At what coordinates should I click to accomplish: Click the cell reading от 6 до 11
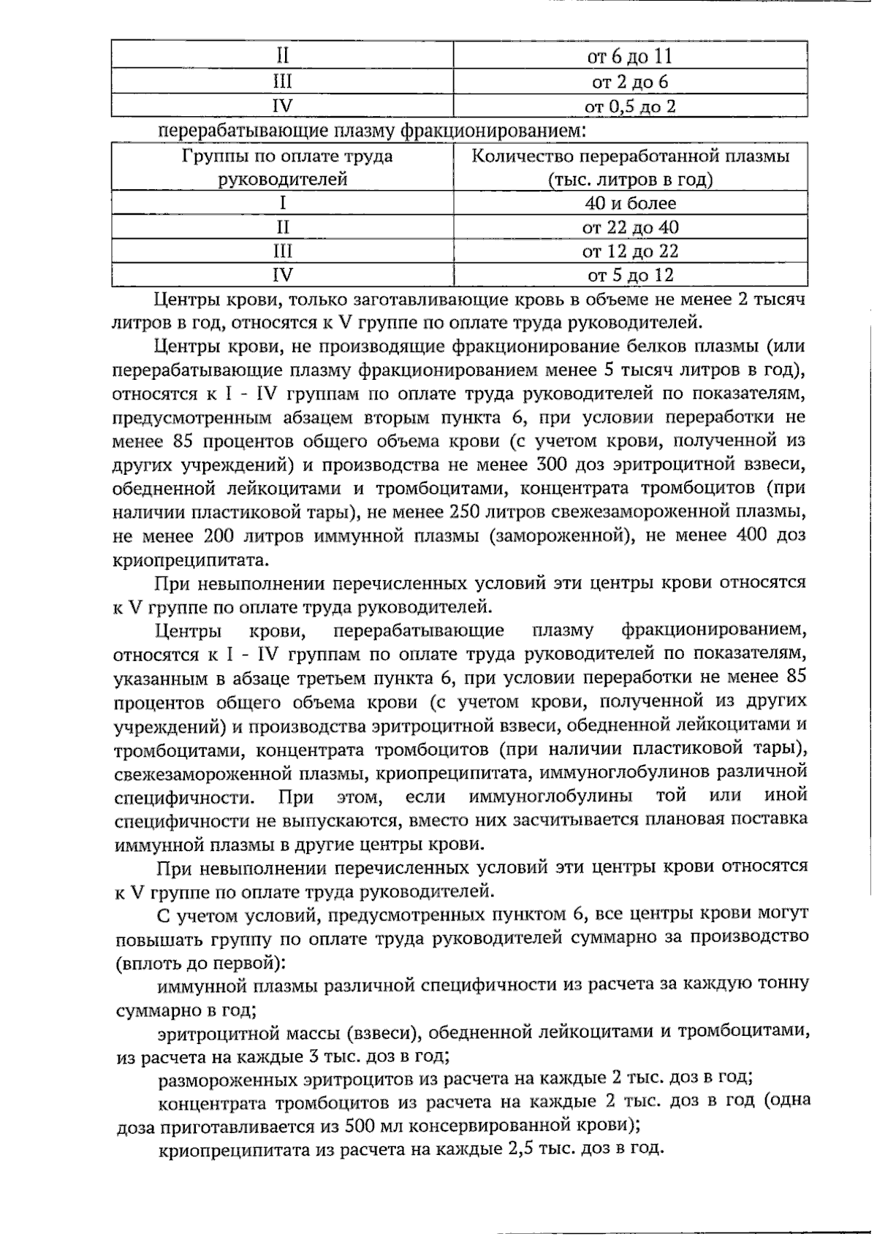(x=630, y=57)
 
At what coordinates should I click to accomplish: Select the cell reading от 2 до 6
(x=630, y=82)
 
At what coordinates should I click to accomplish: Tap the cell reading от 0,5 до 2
(x=630, y=107)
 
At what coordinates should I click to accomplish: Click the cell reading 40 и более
(x=630, y=203)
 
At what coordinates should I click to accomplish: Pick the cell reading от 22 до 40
(x=630, y=227)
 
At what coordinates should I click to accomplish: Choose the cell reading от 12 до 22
(x=630, y=251)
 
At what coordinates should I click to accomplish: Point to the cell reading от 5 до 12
(x=630, y=275)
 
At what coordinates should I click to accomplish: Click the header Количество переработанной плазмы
(x=630, y=156)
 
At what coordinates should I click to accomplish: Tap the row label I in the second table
(x=283, y=203)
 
